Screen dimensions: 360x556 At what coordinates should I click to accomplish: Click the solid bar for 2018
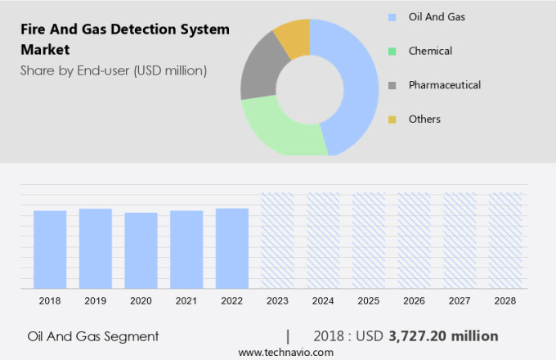[50, 250]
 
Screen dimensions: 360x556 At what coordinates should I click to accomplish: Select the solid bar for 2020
[141, 250]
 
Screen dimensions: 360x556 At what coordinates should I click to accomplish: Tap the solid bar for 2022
[232, 248]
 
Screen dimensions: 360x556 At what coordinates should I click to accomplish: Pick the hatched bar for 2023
[277, 241]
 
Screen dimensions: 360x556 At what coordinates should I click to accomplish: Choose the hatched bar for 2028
[505, 241]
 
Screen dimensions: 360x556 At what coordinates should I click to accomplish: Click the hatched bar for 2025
[369, 241]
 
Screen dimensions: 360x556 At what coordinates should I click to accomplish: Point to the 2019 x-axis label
[96, 301]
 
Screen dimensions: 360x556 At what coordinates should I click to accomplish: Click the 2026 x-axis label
[415, 301]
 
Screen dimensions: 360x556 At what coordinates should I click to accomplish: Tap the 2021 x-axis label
[186, 301]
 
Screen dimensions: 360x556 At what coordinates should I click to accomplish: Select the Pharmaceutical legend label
[444, 85]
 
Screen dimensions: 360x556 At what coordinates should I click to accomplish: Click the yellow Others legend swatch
[392, 119]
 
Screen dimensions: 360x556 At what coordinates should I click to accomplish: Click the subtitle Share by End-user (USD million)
[114, 70]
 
